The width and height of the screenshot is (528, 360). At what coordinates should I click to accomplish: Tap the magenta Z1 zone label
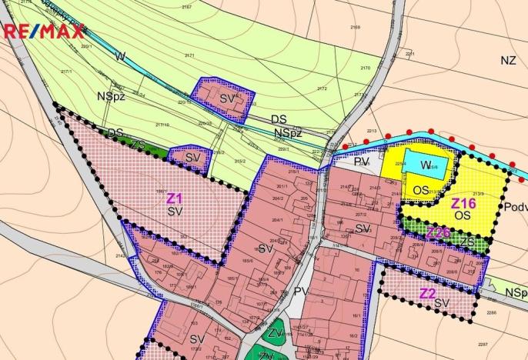point(175,198)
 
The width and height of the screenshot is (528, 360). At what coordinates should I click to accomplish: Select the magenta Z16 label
point(464,203)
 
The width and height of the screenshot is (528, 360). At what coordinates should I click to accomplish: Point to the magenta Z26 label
point(439,232)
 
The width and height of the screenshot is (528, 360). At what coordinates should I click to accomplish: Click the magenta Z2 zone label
point(427,293)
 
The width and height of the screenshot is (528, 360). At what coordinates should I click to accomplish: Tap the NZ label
point(507,60)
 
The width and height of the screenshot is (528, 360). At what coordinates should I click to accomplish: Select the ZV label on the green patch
point(276,333)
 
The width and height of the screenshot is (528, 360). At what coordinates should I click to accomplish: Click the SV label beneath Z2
point(441,304)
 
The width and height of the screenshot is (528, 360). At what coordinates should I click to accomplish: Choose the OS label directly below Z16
point(462,216)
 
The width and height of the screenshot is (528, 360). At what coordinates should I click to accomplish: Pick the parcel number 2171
point(189,56)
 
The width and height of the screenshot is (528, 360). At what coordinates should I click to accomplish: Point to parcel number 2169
point(355,27)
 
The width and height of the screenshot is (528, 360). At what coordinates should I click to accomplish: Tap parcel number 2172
point(322,88)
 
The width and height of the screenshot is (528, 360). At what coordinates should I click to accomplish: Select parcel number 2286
point(493,312)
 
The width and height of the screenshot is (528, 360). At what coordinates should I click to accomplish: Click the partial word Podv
point(516,207)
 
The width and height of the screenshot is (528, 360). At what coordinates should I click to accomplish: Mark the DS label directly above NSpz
point(279,120)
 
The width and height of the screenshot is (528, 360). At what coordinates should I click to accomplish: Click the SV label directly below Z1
point(175,211)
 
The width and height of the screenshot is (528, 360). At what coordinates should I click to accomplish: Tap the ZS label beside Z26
point(469,242)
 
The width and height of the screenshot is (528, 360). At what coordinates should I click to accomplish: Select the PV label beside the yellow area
point(362,162)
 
